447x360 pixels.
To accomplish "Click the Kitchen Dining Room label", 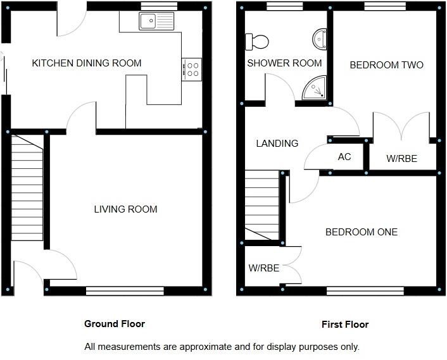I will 87,63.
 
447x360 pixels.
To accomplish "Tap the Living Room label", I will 125,209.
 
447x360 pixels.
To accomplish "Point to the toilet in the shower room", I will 256,42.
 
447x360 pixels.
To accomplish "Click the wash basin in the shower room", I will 320,40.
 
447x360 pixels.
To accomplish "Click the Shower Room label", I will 284,63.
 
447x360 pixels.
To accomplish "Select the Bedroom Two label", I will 386,65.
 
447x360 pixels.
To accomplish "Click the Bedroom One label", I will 362,232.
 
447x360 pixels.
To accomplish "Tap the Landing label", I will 277,144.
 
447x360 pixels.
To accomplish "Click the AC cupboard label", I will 344,157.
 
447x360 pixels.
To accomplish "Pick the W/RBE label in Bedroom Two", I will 401,159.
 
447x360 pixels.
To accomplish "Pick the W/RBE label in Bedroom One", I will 264,268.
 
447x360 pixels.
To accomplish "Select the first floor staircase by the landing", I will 262,205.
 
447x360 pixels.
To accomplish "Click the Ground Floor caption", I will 115,324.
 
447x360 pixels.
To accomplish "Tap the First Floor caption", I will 345,325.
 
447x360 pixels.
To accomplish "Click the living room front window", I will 125,291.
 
